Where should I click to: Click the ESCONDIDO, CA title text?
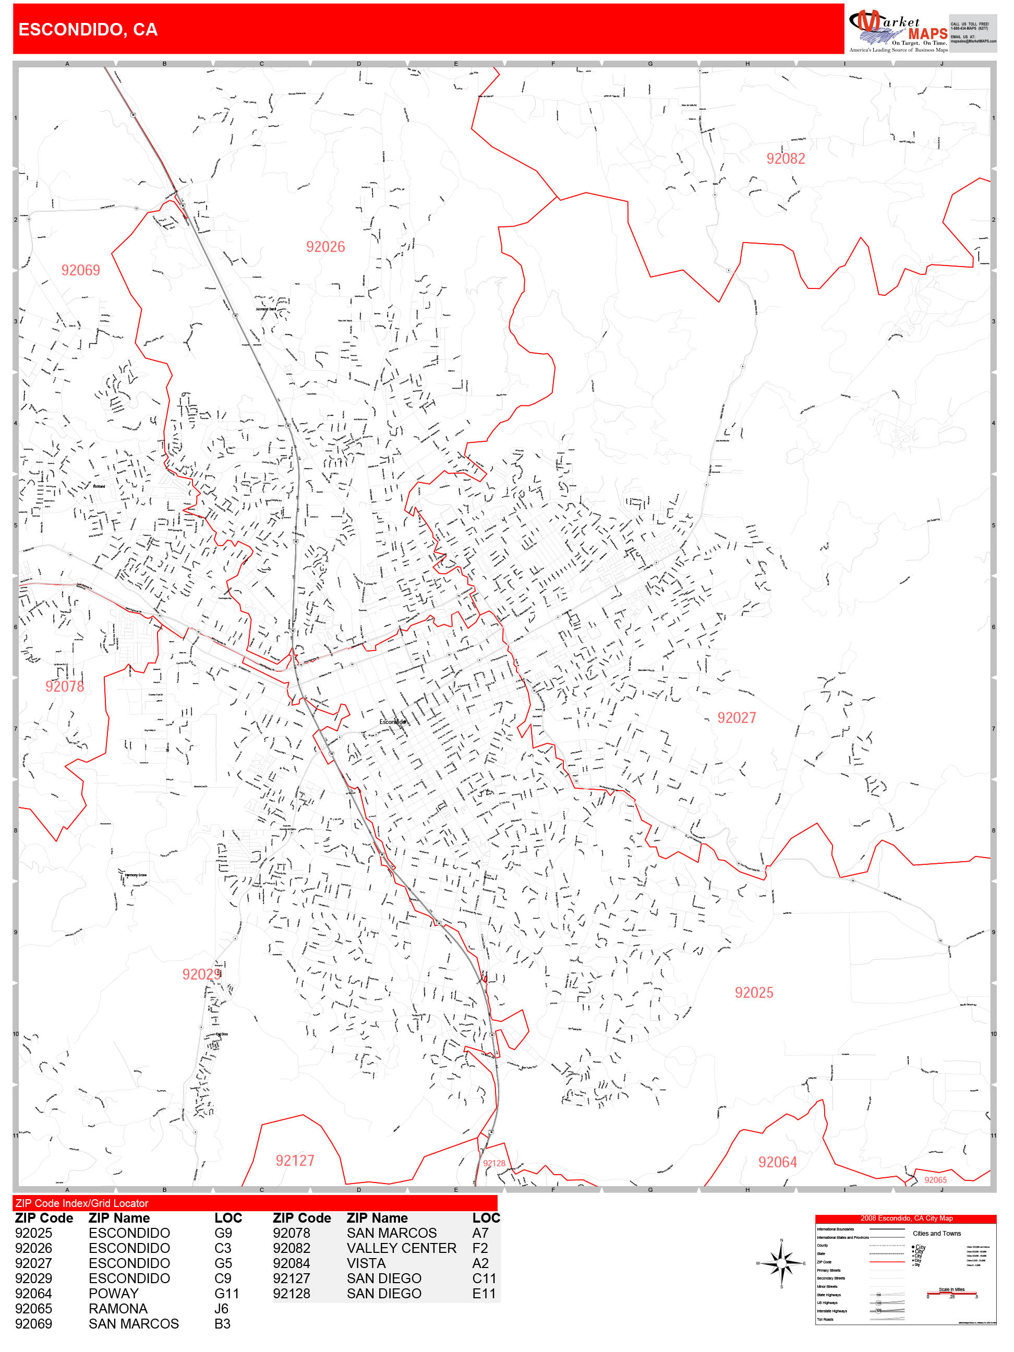pos(88,29)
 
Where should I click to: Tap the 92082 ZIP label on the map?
pos(786,159)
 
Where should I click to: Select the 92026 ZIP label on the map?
pos(325,247)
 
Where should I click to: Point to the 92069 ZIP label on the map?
pos(80,270)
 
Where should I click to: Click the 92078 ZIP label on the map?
pos(64,686)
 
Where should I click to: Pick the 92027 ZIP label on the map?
pos(736,718)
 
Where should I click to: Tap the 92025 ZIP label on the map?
pos(754,993)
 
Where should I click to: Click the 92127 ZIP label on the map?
pos(295,1161)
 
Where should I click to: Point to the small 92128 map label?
pos(494,1163)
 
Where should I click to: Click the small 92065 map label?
pos(935,1180)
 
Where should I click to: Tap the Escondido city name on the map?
pos(392,722)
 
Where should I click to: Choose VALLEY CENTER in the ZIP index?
pos(401,1248)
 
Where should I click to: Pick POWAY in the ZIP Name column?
pos(113,1294)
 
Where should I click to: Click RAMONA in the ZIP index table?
pos(118,1309)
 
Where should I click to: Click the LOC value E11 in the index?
pos(484,1294)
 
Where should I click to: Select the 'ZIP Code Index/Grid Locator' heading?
pos(82,1203)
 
